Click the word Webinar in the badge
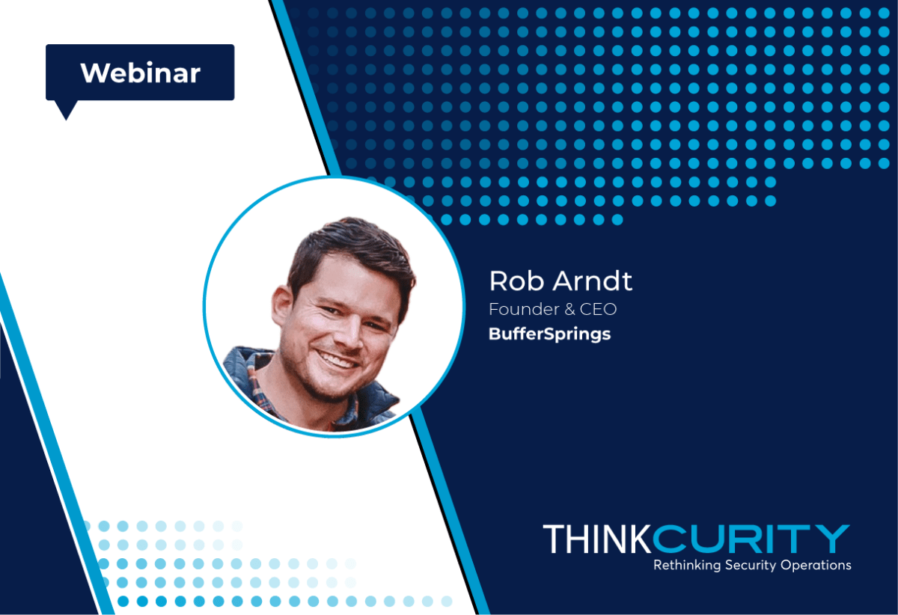point(141,73)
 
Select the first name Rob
point(516,281)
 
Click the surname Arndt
point(593,281)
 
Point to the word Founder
point(524,309)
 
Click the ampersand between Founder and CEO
point(569,310)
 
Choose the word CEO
point(598,310)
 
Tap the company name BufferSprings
point(549,334)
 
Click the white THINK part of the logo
point(597,539)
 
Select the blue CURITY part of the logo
point(751,539)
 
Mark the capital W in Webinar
point(97,73)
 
